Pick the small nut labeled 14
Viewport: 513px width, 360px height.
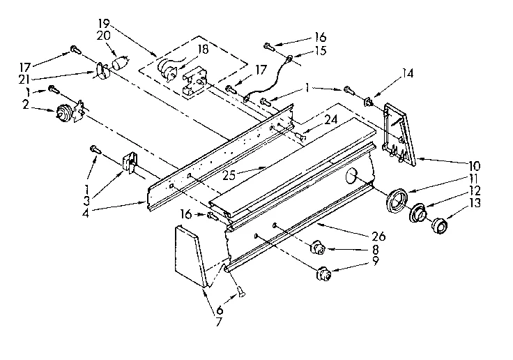point(370,103)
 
